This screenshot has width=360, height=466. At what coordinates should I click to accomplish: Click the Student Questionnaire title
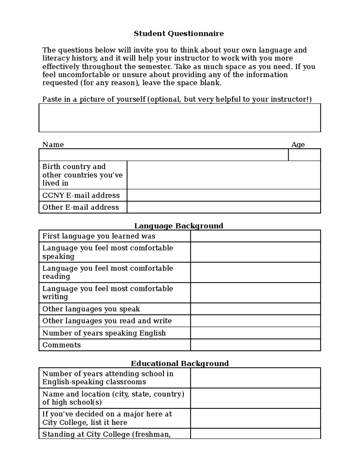[178, 34]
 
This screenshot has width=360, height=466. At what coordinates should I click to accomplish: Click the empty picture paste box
[179, 118]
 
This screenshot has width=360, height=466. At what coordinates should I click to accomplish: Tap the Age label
[298, 145]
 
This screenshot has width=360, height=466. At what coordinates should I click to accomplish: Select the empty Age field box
[304, 155]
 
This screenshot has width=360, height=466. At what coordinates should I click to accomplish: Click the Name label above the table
[53, 145]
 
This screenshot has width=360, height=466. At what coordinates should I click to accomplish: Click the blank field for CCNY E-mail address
[223, 195]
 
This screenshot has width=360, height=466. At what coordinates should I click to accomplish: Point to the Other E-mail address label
[80, 207]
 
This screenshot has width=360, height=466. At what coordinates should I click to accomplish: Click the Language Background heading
[178, 226]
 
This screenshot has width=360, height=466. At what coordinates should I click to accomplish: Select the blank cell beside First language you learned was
[255, 236]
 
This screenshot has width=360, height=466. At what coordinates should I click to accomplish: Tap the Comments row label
[61, 345]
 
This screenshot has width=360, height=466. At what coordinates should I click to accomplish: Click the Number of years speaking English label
[104, 333]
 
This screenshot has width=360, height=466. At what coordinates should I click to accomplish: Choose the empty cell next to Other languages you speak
[255, 309]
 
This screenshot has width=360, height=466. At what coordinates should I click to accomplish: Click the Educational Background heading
[179, 363]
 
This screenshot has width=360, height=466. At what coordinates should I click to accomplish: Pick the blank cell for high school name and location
[255, 398]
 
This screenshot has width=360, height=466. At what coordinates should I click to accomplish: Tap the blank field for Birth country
[223, 175]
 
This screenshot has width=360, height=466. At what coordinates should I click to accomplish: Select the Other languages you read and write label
[107, 321]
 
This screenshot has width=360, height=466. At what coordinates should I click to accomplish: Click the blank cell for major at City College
[255, 418]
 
